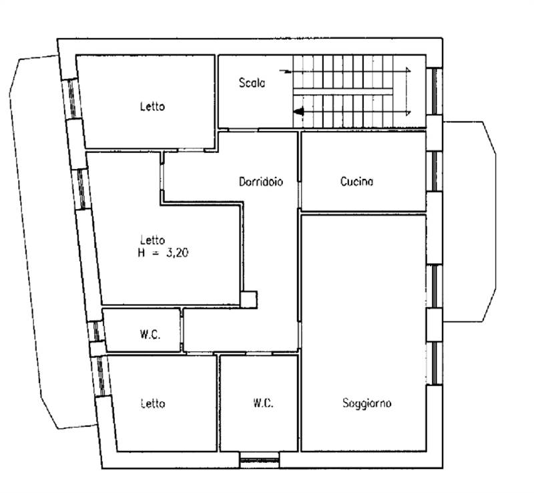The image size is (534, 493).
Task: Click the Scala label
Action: pos(252,83)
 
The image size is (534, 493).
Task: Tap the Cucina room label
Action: pos(356,182)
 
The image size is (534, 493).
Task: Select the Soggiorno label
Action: pos(366,403)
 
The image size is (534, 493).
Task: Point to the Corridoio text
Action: pos(261,182)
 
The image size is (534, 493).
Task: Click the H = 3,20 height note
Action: pos(163,253)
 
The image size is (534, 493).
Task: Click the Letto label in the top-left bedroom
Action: pos(153,106)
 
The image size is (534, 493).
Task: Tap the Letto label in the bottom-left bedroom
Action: pos(153,403)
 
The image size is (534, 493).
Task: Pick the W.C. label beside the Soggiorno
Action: pos(263,403)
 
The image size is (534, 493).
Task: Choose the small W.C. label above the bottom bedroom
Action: pos(150,335)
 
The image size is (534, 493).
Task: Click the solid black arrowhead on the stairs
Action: pos(298,111)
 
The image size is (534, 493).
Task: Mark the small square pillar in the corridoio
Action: pos(248,300)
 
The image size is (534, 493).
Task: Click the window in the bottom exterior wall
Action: pos(260,461)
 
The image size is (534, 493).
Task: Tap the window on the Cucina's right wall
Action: pos(435,171)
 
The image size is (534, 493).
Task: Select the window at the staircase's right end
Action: pos(435,91)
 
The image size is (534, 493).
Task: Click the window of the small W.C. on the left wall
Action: pos(96,331)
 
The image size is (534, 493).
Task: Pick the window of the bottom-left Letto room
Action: pos(101,376)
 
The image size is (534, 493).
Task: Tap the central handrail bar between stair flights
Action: pos(343,92)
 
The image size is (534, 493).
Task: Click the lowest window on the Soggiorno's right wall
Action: pos(435,363)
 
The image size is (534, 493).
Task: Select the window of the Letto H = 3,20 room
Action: pos(81,189)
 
